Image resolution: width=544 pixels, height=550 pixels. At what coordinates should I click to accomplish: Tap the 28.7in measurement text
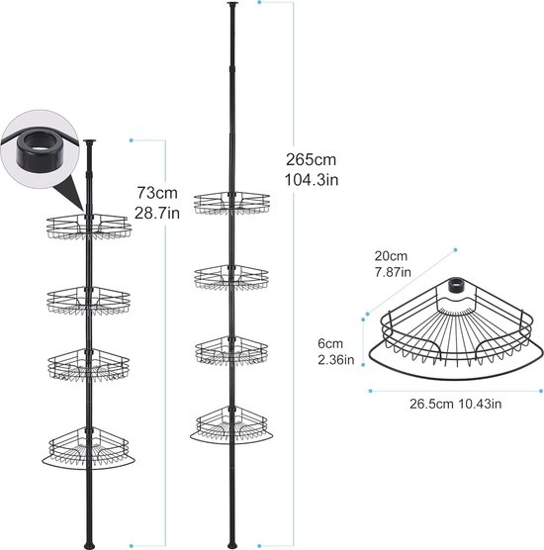point(157,213)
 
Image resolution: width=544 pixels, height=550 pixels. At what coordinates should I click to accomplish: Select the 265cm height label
point(312,159)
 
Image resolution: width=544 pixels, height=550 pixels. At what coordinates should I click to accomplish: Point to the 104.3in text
point(312,180)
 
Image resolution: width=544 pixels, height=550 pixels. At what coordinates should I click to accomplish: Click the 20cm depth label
point(391,256)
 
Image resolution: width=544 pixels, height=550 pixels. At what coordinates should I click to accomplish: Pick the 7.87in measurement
point(393,272)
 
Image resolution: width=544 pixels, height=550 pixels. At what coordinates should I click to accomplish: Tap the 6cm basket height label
point(330,343)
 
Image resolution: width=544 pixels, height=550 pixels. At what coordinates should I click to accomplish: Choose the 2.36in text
point(336,360)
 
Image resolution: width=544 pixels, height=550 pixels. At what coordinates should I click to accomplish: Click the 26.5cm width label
point(431,404)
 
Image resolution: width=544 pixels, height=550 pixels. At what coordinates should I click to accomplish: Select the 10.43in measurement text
point(480,404)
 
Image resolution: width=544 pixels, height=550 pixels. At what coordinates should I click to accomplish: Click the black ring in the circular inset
point(38,148)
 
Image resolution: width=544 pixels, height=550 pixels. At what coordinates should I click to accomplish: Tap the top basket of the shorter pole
point(89,227)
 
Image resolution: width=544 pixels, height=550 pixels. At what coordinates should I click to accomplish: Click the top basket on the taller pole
point(231,203)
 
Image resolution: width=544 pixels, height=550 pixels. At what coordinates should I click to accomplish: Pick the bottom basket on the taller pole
point(231,425)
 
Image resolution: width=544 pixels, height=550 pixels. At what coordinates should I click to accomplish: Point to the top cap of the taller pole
point(231,4)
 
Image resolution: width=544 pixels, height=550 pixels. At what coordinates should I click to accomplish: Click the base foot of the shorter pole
point(88,546)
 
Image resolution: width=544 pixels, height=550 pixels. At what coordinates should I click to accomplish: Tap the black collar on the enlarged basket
point(454,286)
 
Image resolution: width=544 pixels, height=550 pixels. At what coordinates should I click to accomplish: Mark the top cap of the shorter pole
point(89,142)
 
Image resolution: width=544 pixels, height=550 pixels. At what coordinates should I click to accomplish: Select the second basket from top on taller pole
point(231,278)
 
